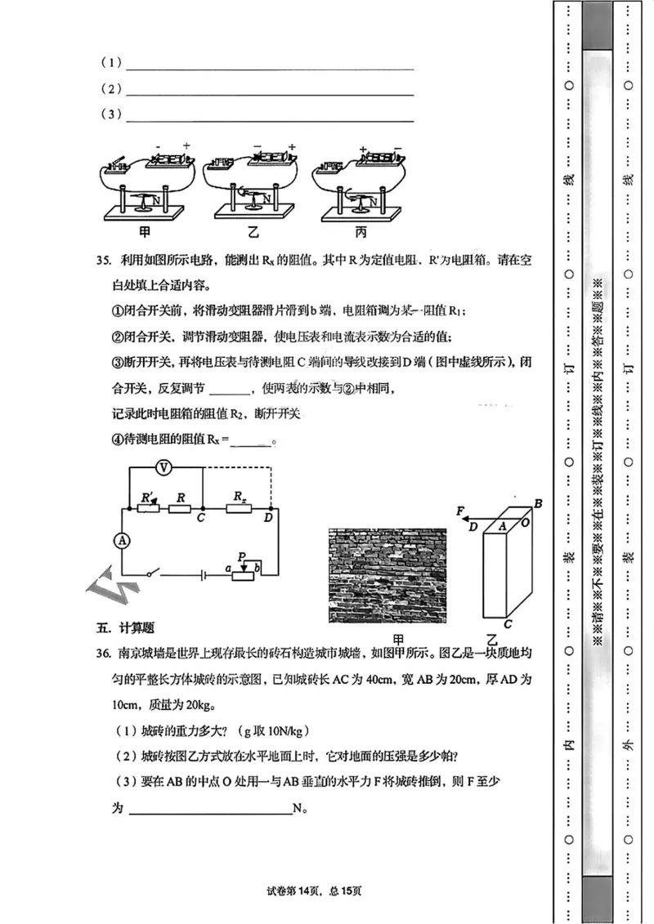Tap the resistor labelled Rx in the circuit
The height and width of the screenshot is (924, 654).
[240, 509]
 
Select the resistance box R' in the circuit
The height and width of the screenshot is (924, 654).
[149, 509]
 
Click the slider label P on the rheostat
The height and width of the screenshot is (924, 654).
[242, 556]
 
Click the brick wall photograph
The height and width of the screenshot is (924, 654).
[387, 576]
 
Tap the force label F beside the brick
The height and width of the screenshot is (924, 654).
[463, 511]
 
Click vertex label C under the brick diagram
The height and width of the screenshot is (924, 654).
[508, 625]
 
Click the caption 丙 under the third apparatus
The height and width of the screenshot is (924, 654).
[361, 232]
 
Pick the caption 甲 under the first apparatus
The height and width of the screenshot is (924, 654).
[145, 232]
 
